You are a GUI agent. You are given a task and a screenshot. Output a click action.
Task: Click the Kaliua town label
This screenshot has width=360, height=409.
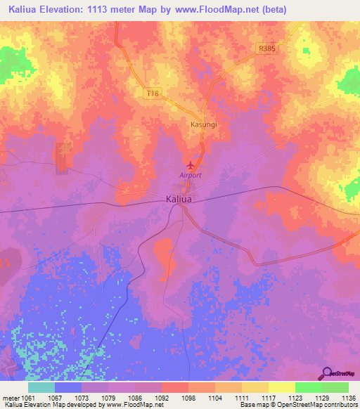tap(179, 200)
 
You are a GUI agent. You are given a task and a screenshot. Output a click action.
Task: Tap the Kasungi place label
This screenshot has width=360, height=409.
tap(203, 124)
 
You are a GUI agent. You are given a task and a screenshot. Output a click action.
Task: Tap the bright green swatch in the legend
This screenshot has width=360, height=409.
tap(308, 387)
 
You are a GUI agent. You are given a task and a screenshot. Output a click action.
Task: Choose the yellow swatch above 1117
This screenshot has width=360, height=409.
tap(255, 387)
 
